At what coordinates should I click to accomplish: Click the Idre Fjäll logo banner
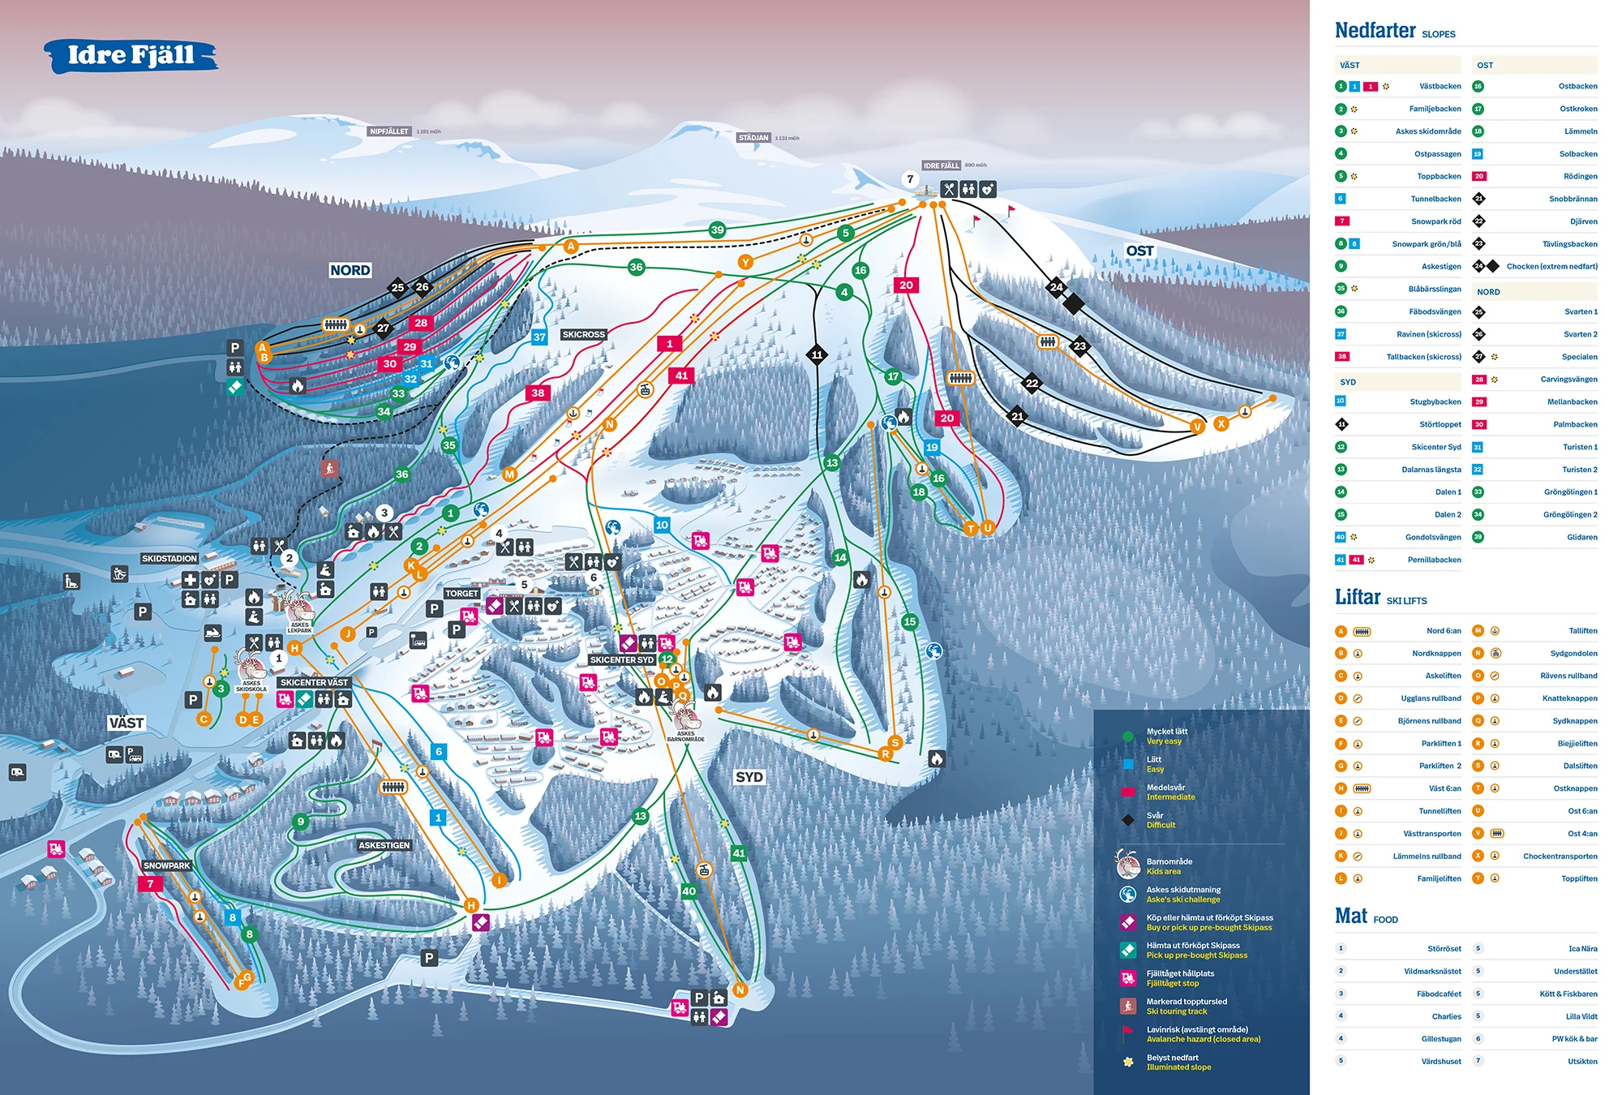click(131, 55)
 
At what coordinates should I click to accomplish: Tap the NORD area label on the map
click(350, 270)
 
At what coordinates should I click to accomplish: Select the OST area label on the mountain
click(1139, 251)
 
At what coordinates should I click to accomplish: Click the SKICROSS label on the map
click(583, 334)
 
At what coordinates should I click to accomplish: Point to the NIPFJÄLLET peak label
click(389, 131)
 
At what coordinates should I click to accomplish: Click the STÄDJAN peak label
click(753, 138)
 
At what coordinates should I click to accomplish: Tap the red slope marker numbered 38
click(538, 393)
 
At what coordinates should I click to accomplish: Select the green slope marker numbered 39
click(717, 230)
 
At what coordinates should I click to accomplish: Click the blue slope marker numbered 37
click(539, 337)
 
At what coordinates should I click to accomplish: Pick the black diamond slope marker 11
click(817, 354)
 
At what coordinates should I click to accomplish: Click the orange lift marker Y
click(745, 261)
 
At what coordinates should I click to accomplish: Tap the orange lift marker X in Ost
click(1221, 423)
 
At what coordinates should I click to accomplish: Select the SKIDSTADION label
click(169, 558)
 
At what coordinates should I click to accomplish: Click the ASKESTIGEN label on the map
click(384, 845)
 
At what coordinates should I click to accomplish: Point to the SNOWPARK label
click(166, 865)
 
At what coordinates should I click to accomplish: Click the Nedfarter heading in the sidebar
click(1375, 31)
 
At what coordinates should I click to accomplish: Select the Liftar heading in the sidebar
click(1358, 597)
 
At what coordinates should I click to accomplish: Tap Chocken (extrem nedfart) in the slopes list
click(1551, 266)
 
